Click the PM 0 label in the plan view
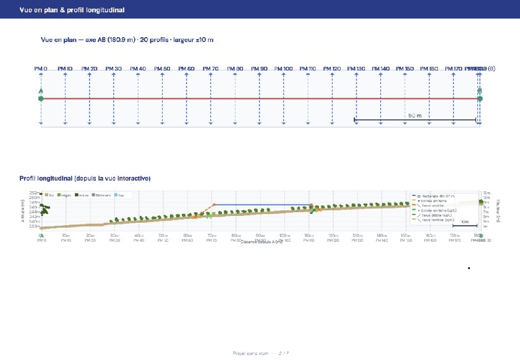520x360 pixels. coord(41,68)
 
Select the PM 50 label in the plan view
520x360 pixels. coord(162,68)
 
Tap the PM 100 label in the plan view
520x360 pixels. coord(284,68)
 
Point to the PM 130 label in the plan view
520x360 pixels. coord(357,68)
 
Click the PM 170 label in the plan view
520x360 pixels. coord(454,68)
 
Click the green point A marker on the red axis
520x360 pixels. coord(41,98)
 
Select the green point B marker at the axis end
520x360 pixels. coord(480,98)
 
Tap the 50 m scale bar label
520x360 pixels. coord(414,116)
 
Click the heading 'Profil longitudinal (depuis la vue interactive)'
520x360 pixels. coord(85,179)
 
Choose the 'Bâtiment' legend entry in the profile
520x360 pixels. coord(102,195)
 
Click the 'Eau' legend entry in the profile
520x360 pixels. coord(121,195)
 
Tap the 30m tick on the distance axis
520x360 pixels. coord(114,236)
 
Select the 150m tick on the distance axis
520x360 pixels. coord(357,236)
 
